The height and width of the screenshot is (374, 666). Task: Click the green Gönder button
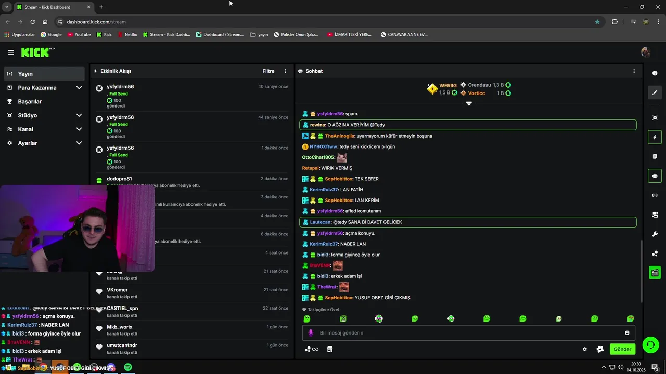coord(622,349)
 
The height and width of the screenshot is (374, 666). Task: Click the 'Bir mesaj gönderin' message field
coord(468,333)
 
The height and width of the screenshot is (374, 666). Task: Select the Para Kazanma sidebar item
coord(37,88)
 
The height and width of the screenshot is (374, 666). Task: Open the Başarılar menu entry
coord(30,102)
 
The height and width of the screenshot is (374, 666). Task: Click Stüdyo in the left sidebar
coord(27,115)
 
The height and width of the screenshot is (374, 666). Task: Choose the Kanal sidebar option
coord(25,129)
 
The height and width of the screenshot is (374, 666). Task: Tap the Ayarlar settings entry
coord(27,143)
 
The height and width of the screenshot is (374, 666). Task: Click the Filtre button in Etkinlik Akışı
coord(268,71)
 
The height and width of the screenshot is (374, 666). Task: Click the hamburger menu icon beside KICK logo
coord(11,52)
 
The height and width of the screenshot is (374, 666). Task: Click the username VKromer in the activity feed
coord(117,290)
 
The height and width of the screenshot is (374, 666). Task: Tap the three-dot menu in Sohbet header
coord(634,71)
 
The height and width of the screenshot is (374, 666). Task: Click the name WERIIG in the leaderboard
coord(447,85)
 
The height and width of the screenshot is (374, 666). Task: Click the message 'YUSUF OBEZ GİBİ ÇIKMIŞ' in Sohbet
coord(382,298)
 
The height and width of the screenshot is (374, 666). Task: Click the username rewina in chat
coord(317,125)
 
